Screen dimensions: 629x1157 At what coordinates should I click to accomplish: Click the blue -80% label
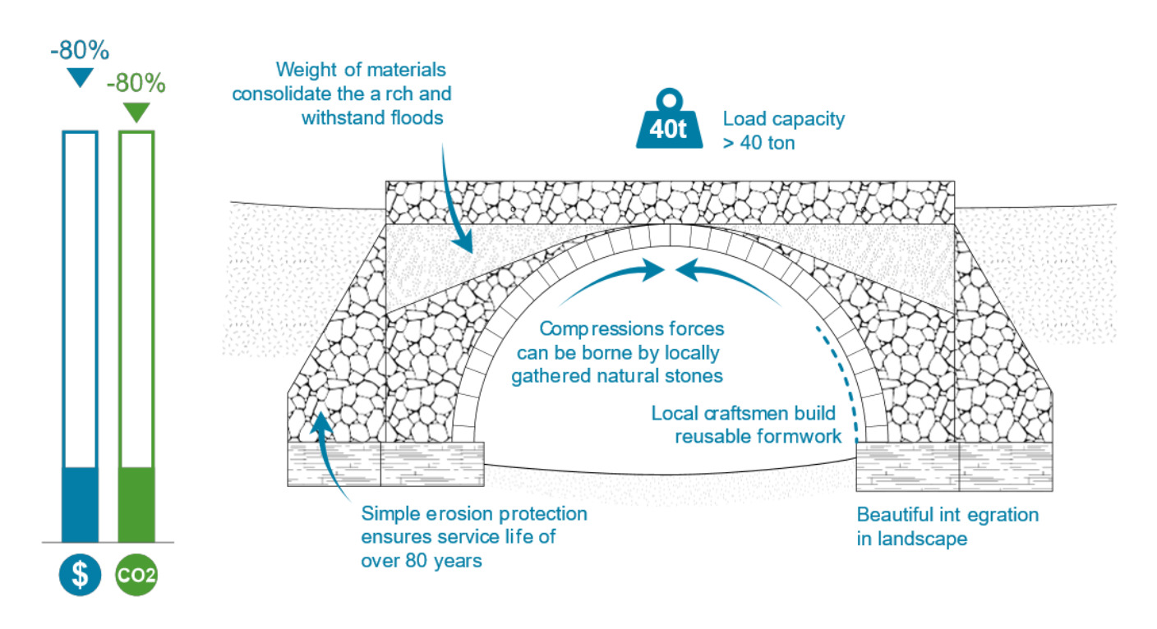80,51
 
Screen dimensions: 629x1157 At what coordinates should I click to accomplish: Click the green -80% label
136,83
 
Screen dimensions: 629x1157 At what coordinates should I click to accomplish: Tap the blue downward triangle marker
80,78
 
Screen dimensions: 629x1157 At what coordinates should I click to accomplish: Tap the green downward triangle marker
136,112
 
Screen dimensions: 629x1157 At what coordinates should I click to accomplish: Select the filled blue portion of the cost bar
81,504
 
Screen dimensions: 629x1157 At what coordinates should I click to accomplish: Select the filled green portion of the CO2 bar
136,504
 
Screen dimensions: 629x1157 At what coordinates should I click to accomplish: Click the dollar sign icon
80,575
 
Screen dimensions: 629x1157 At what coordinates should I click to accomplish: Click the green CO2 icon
136,575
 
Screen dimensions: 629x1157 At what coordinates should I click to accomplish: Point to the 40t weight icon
669,124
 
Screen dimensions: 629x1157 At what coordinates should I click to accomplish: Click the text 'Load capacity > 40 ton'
783,131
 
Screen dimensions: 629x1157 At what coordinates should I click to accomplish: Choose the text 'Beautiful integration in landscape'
947,527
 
